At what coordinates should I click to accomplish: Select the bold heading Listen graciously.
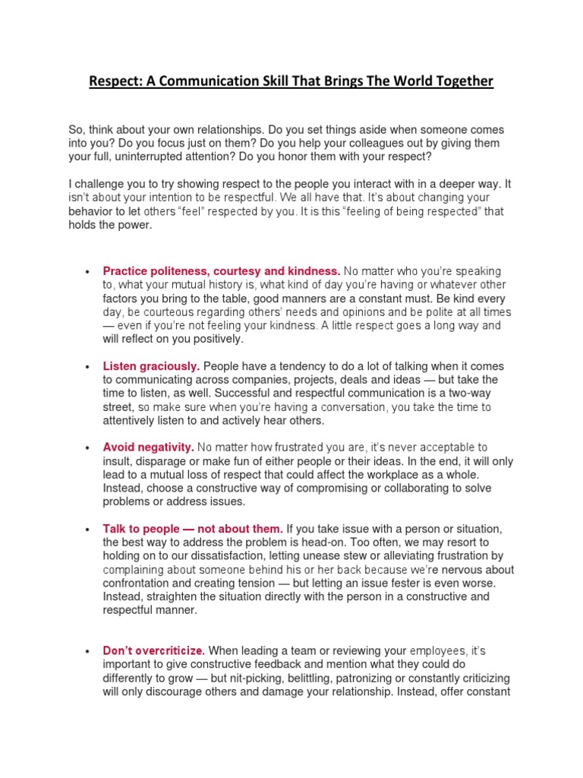point(151,366)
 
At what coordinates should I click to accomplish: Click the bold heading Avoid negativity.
point(149,448)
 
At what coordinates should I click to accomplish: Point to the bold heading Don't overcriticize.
point(153,650)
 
